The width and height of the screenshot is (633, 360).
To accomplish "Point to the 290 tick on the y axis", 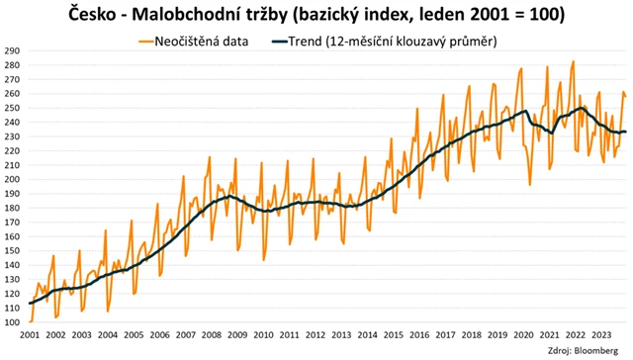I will (12, 50).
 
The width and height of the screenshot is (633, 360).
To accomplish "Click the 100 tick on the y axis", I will (12, 322).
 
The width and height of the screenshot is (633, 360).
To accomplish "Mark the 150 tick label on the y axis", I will (12, 251).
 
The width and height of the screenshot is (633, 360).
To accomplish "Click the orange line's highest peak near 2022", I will (573, 61).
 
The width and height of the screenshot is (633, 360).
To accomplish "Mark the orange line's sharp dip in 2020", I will (531, 184).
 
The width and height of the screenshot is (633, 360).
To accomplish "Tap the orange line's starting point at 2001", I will (30, 321).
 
